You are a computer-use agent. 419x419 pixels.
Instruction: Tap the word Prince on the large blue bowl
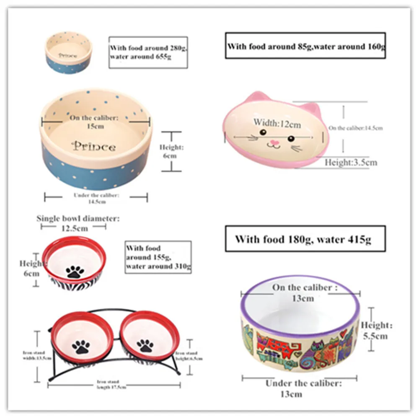(x=94, y=147)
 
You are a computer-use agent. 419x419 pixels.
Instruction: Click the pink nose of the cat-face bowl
(x=274, y=143)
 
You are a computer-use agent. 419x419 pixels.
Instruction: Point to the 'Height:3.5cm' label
(x=351, y=162)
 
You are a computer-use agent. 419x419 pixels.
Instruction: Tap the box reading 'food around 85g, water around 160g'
(x=305, y=46)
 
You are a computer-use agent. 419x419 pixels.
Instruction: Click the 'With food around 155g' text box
(x=158, y=257)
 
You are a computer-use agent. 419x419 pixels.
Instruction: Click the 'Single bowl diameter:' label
(x=78, y=218)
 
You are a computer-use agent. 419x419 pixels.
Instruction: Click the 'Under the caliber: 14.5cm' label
(x=96, y=198)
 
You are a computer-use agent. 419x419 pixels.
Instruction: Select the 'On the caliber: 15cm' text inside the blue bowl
(x=92, y=122)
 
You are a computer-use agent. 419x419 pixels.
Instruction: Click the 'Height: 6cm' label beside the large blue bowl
(x=171, y=151)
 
